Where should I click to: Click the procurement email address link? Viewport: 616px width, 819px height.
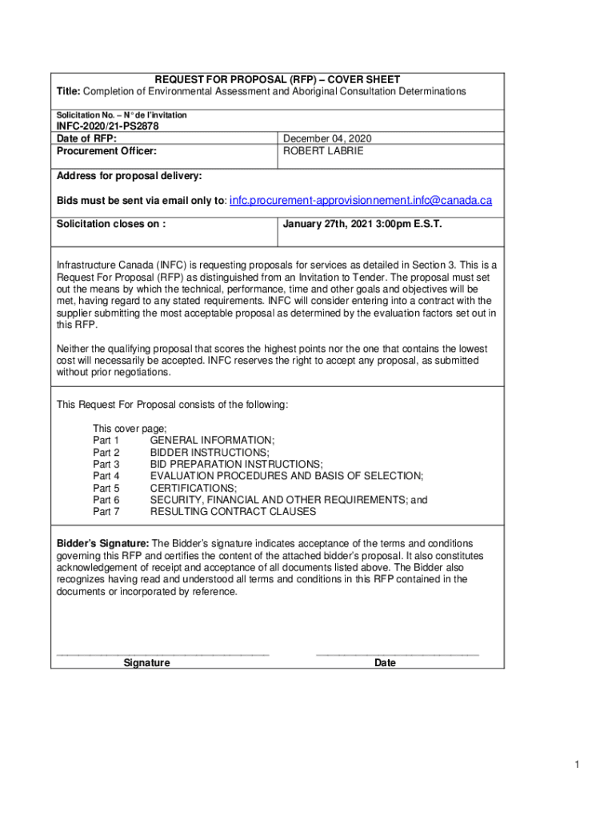(360, 200)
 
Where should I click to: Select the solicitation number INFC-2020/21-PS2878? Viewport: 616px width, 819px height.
(107, 126)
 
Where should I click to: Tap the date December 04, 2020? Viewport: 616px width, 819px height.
(327, 138)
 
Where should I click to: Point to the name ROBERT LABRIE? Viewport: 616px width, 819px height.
(323, 150)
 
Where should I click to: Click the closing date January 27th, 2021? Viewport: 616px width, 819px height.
(362, 224)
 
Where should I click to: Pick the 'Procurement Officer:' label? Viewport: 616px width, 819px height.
(106, 150)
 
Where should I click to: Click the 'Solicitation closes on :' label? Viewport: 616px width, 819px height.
(111, 224)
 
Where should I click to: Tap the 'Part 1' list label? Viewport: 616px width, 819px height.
(106, 441)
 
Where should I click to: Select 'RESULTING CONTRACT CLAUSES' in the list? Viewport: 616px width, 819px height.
(233, 511)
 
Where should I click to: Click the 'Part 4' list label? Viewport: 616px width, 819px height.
(106, 476)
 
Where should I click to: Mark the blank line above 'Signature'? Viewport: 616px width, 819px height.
(162, 654)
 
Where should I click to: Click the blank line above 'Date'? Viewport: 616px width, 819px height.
(398, 654)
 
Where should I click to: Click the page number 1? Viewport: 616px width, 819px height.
(576, 765)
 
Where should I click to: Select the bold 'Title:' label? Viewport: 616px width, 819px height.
(68, 91)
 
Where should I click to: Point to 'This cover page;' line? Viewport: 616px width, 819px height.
(130, 429)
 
